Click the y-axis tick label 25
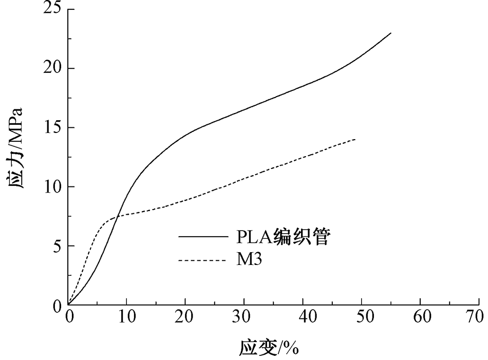[x=52, y=9]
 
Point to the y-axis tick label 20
[x=52, y=68]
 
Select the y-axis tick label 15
[x=52, y=127]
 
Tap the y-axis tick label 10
[x=52, y=187]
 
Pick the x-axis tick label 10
[x=127, y=317]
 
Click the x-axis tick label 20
[x=185, y=317]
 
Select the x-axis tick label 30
[x=244, y=317]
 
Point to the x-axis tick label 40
[x=303, y=317]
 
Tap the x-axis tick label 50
[x=362, y=317]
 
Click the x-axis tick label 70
[x=478, y=317]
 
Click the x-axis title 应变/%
[x=269, y=348]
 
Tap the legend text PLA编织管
[x=282, y=237]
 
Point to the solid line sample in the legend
[x=202, y=237]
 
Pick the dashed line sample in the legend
[x=202, y=260]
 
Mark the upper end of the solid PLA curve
[x=391, y=33]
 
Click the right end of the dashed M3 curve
[x=355, y=139]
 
